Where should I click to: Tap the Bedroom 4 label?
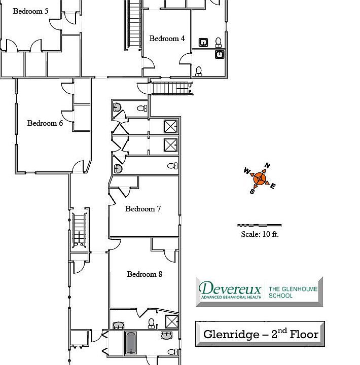point(167,39)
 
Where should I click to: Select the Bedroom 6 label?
point(45,123)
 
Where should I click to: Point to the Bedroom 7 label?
point(143,209)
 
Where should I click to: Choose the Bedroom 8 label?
point(145,274)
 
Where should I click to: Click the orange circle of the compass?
point(260,178)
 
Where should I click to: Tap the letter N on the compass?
point(268,166)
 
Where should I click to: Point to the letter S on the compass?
point(251,191)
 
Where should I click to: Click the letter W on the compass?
point(247,170)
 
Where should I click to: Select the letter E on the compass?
point(272,186)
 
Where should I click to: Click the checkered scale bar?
point(260,225)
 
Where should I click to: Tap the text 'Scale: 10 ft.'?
point(260,234)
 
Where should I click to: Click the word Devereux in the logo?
point(230,289)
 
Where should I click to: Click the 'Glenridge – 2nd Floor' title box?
point(260,334)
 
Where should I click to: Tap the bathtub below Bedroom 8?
point(131,344)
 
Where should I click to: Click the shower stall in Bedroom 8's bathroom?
point(171,321)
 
